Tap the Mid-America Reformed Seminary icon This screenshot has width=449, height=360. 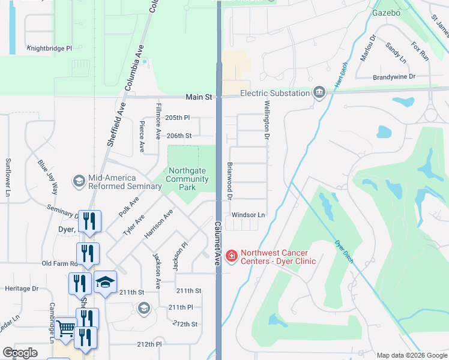pyautogui.click(x=79, y=181)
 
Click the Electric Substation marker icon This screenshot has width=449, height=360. pyautogui.click(x=318, y=92)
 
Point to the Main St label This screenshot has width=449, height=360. pyautogui.click(x=199, y=97)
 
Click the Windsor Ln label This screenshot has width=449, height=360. pyautogui.click(x=248, y=215)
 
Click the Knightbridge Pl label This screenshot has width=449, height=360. pyautogui.click(x=49, y=48)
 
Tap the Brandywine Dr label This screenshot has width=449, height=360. pyautogui.click(x=394, y=77)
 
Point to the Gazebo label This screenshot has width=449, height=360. pyautogui.click(x=387, y=12)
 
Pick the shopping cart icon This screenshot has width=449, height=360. pyautogui.click(x=65, y=327)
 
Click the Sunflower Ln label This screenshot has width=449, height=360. pyautogui.click(x=8, y=177)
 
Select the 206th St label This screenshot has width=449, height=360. pyautogui.click(x=179, y=136)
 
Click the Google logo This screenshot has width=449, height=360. pyautogui.click(x=20, y=353)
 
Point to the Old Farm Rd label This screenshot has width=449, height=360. pyautogui.click(x=61, y=263)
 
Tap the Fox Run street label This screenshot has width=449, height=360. pyautogui.click(x=420, y=51)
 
